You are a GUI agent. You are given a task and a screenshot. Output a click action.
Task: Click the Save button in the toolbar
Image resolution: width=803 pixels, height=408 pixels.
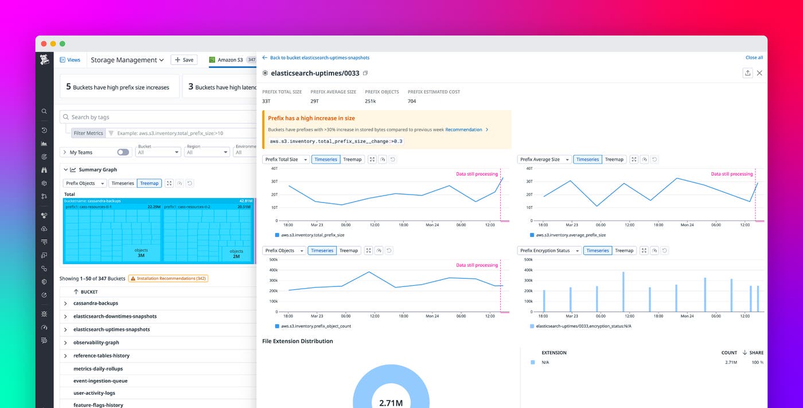pyautogui.click(x=184, y=60)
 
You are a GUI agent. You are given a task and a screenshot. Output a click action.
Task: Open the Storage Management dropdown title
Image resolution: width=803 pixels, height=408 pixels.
pyautogui.click(x=127, y=60)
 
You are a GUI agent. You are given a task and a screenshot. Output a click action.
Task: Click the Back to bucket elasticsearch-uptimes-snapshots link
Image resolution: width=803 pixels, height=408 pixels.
pyautogui.click(x=319, y=57)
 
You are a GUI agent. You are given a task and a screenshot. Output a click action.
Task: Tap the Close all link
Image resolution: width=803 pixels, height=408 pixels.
pyautogui.click(x=754, y=57)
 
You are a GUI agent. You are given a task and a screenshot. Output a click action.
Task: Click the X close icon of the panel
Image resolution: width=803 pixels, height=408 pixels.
pyautogui.click(x=759, y=73)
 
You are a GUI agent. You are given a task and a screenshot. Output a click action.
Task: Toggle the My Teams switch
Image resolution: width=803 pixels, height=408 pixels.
pyautogui.click(x=123, y=152)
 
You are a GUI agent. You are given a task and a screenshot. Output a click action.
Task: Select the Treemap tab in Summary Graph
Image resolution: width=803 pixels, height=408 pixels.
pyautogui.click(x=149, y=183)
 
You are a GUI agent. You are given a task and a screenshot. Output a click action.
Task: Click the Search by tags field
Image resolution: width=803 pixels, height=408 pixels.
pyautogui.click(x=161, y=117)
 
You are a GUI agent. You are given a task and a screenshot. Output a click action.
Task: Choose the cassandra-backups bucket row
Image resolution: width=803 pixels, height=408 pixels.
pyautogui.click(x=96, y=303)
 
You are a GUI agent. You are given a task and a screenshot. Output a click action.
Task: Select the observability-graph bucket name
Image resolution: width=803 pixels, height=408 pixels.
pyautogui.click(x=96, y=343)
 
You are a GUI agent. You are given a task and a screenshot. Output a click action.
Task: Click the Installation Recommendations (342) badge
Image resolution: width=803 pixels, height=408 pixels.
pyautogui.click(x=168, y=278)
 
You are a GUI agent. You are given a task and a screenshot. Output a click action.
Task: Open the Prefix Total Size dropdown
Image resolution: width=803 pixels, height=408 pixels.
pyautogui.click(x=286, y=160)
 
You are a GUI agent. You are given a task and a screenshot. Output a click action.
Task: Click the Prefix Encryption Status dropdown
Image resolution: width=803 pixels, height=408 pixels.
pyautogui.click(x=548, y=251)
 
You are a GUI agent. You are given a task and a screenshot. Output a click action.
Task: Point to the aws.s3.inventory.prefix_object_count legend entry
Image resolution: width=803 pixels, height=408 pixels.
pyautogui.click(x=315, y=326)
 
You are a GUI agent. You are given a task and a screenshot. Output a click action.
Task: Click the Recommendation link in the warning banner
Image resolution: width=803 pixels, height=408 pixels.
pyautogui.click(x=463, y=130)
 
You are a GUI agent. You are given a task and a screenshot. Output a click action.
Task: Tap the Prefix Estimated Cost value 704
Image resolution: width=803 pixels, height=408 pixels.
pyautogui.click(x=412, y=101)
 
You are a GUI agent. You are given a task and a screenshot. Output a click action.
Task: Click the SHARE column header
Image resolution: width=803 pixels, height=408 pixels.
pyautogui.click(x=756, y=352)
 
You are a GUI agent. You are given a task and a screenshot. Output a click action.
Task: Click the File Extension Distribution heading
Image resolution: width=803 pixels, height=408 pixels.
pyautogui.click(x=297, y=341)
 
